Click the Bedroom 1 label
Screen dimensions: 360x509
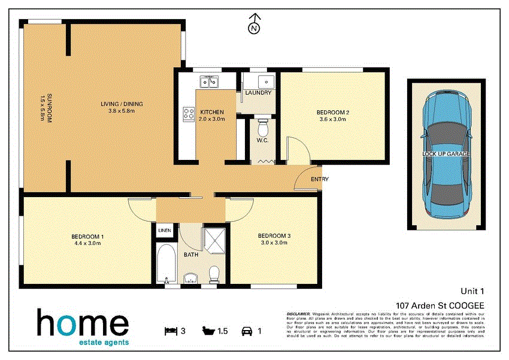89,239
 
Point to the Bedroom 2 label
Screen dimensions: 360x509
334,116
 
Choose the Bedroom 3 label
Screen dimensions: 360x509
274,239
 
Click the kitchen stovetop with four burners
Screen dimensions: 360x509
189,112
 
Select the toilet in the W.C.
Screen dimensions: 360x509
262,128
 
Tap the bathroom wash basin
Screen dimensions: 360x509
190,277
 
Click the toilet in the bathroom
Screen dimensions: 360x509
214,274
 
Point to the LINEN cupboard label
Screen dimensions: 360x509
165,231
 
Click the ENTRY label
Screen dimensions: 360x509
319,179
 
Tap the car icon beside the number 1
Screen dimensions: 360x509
247,330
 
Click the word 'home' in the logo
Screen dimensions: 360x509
82,323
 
